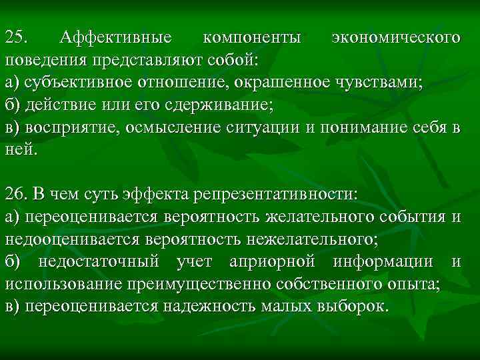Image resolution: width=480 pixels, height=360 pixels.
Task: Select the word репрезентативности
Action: tap(275, 193)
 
